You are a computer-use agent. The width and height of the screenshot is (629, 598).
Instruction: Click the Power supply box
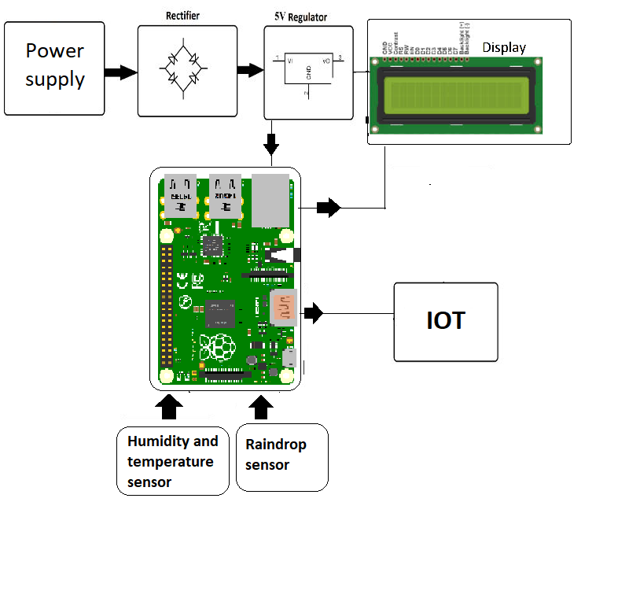(54, 68)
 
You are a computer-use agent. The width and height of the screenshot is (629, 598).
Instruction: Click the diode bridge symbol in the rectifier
(186, 69)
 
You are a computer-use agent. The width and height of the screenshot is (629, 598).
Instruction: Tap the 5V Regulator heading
(296, 17)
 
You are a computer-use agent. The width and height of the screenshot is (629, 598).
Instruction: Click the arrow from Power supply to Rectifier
(121, 73)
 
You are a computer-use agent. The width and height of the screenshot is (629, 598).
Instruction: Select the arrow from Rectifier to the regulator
(249, 70)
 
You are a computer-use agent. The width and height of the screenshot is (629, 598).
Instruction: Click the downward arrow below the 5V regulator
(271, 145)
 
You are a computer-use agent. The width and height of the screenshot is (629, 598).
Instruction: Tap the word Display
(503, 47)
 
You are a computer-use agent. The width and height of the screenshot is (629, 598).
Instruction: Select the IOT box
(446, 322)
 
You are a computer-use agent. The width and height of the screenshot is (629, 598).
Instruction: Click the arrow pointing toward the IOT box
(314, 313)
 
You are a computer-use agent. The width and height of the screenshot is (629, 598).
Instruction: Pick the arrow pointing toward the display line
(329, 209)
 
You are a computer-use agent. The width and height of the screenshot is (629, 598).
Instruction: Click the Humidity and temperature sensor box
(173, 461)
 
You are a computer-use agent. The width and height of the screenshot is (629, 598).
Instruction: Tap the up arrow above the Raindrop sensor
(262, 407)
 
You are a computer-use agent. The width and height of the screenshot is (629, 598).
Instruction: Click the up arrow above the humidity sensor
(170, 407)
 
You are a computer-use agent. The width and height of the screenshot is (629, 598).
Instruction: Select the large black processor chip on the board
(221, 312)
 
